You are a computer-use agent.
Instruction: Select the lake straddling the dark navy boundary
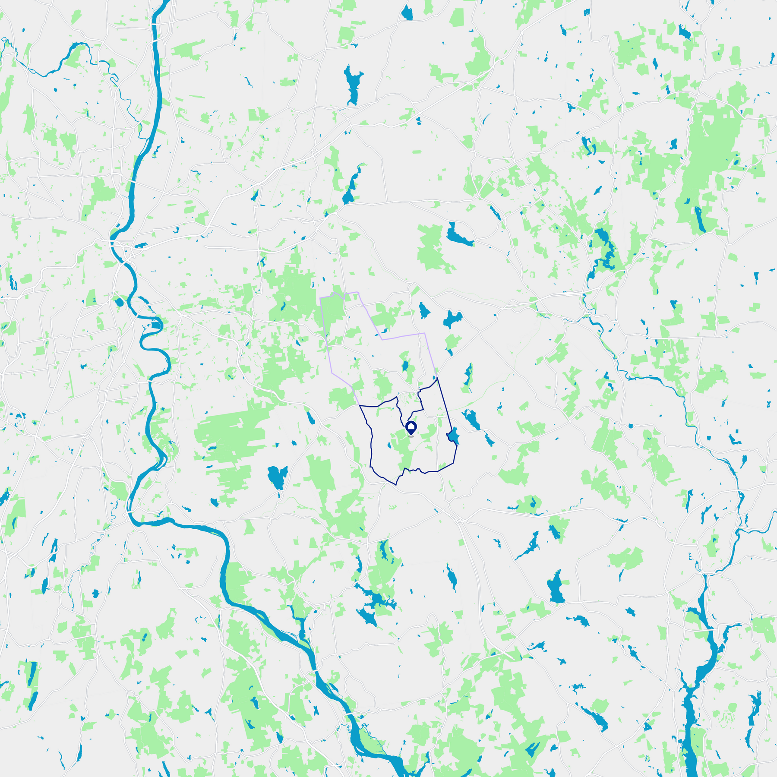pos(453,436)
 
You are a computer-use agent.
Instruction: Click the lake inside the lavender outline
pos(405,366)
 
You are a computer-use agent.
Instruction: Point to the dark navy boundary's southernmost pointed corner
pos(396,485)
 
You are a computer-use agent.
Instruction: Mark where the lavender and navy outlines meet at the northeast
pos(437,379)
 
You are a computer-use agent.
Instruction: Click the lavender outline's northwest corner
pos(320,298)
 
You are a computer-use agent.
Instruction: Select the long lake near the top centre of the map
pos(352,86)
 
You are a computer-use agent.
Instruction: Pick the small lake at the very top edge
pos(407,13)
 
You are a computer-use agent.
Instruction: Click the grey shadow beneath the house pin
pos(411,436)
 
